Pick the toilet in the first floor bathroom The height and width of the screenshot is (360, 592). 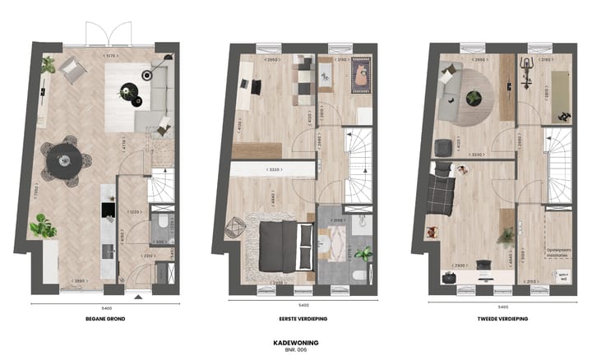coord(360,275)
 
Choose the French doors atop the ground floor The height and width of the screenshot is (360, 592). coord(107,35)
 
